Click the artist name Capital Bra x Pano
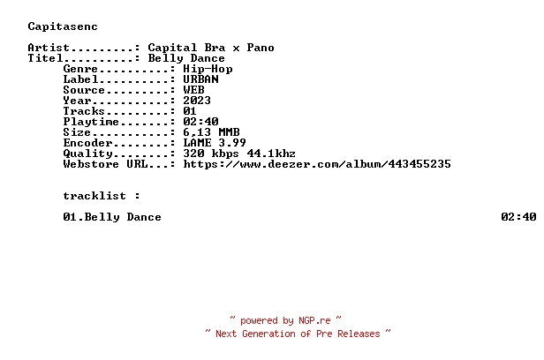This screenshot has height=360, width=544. (x=211, y=48)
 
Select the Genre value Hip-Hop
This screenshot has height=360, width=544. (x=208, y=68)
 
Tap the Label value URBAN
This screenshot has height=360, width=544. (x=200, y=79)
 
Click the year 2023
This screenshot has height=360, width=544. (x=197, y=100)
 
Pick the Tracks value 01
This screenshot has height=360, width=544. (x=190, y=110)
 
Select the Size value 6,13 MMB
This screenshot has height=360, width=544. (x=211, y=131)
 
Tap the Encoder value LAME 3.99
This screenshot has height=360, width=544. (x=215, y=142)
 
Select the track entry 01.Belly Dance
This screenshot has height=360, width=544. (x=112, y=216)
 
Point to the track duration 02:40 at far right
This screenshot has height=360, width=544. (x=518, y=216)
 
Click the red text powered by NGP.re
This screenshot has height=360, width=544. (x=285, y=320)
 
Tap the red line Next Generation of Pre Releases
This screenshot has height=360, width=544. (x=298, y=334)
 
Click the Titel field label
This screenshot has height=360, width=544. (x=45, y=58)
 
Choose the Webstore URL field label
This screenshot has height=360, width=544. (x=99, y=163)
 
